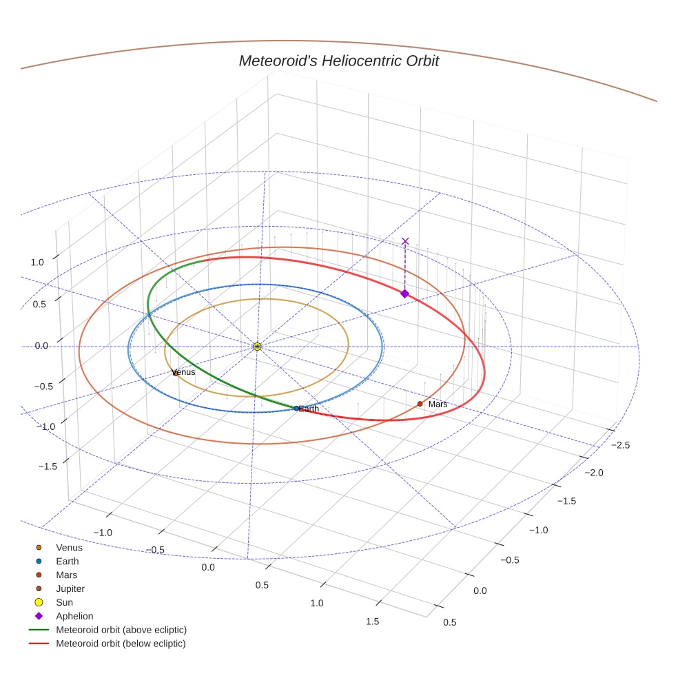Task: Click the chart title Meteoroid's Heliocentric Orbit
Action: pyautogui.click(x=338, y=61)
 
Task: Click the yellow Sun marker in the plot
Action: pyautogui.click(x=257, y=346)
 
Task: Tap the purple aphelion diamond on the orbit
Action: pyautogui.click(x=404, y=294)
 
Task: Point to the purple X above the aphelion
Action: pyautogui.click(x=405, y=241)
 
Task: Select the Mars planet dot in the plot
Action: pyautogui.click(x=420, y=404)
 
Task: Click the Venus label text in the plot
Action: pyautogui.click(x=184, y=372)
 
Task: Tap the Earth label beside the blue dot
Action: pyautogui.click(x=309, y=409)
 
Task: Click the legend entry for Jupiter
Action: pyautogui.click(x=70, y=588)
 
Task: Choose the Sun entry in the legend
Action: pyautogui.click(x=65, y=602)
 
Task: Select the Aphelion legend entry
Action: pyautogui.click(x=74, y=616)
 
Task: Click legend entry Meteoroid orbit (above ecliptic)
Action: pyautogui.click(x=121, y=630)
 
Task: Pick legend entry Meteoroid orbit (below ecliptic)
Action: pyautogui.click(x=121, y=644)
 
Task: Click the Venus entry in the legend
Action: pyautogui.click(x=69, y=548)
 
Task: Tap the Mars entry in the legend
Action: pyautogui.click(x=67, y=575)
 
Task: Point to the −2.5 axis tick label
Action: pyautogui.click(x=620, y=445)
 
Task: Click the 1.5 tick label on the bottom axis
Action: pyautogui.click(x=372, y=621)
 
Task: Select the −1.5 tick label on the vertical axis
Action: pyautogui.click(x=46, y=466)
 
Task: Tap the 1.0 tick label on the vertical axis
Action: pyautogui.click(x=37, y=262)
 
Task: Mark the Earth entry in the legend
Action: pyautogui.click(x=68, y=562)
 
